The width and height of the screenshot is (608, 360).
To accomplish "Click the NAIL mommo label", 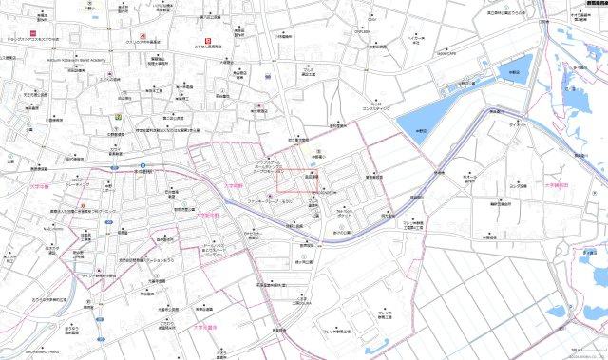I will (53, 229).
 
